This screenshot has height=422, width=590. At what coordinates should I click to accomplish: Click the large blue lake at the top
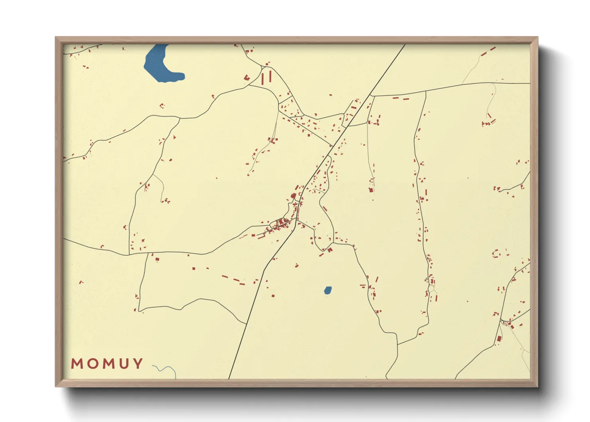pos(157,64)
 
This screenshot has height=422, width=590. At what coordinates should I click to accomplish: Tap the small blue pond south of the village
pos(327,290)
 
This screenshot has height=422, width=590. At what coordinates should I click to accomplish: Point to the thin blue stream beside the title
pos(167,369)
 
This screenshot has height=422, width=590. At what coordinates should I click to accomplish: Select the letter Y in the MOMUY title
pos(138,364)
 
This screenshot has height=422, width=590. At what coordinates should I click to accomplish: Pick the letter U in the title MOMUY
pos(123,364)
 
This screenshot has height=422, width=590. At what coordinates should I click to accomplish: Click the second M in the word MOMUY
pos(108,364)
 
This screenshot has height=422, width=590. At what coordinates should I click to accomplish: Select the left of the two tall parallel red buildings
pos(263,78)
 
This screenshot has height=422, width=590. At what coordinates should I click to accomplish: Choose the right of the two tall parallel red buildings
pos(270,76)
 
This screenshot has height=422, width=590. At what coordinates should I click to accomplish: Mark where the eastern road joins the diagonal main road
pos(371,95)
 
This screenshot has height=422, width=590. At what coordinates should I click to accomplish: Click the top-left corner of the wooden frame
pos(56,37)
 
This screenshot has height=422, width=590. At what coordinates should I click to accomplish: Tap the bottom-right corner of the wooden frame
pos(537,386)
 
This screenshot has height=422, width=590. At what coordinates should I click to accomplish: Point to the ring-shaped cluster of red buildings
pos(496,253)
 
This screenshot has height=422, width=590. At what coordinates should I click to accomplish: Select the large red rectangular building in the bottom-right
pos(499,339)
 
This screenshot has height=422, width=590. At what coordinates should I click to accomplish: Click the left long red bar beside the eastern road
pos(395,98)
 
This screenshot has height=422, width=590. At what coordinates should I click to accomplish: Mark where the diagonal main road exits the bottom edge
pos(229,379)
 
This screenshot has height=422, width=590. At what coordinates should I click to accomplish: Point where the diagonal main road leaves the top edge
pos(405,45)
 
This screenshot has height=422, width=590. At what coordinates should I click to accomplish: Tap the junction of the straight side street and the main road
pos(332,146)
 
